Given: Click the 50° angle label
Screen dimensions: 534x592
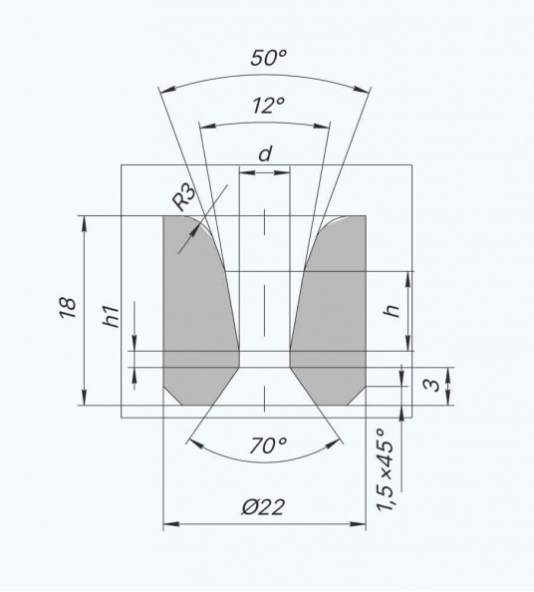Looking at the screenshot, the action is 268,58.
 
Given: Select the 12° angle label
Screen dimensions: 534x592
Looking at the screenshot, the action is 268,106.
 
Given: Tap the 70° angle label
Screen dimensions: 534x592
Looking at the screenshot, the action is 268,445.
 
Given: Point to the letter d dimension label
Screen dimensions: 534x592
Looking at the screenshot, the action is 265,154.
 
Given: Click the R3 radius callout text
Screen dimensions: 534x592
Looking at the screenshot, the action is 184,196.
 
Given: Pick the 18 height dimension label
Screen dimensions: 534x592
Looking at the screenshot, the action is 69,308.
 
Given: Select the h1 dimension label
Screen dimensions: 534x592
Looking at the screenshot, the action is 111,317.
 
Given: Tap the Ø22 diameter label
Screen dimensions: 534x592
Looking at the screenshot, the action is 263,506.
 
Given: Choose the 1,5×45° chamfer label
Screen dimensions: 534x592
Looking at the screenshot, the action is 386,470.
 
